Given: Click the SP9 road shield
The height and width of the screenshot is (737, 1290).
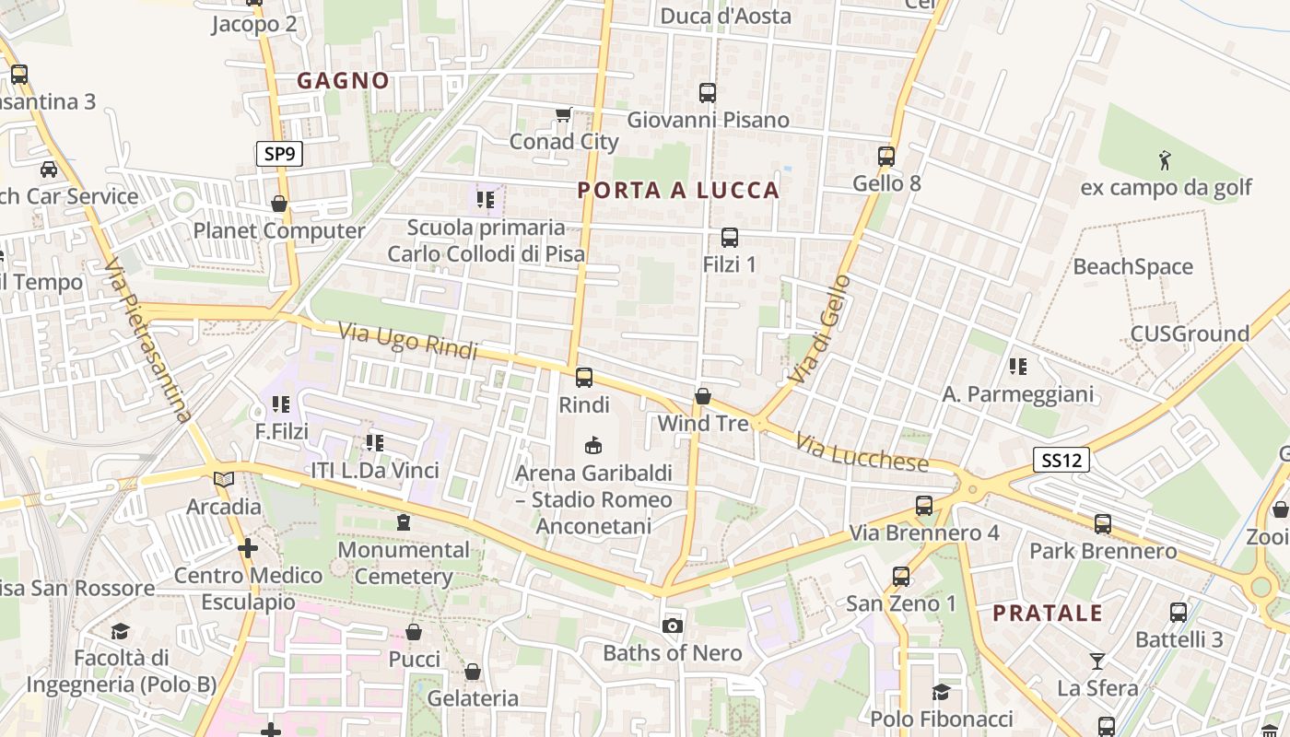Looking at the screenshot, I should click(279, 154).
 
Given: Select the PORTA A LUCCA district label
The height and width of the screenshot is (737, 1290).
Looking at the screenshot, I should click(678, 191).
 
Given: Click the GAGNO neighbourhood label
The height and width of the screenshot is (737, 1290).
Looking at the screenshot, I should click(343, 81).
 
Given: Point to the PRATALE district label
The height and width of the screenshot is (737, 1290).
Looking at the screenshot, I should click(1047, 614).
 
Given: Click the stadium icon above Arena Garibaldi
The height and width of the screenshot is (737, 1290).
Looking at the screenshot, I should click(593, 445).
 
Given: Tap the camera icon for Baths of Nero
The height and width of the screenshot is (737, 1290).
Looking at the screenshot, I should click(673, 626).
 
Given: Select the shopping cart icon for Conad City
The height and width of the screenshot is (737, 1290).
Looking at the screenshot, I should click(563, 115).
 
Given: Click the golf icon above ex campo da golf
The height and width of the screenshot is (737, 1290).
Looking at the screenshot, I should click(1165, 160).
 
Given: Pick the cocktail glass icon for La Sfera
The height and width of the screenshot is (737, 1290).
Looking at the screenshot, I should click(1096, 661).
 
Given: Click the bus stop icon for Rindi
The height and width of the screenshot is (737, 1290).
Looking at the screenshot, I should click(584, 377).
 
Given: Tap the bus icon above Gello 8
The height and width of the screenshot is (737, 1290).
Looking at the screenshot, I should click(886, 156).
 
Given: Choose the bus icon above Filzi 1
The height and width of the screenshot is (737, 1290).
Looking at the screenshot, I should click(730, 237).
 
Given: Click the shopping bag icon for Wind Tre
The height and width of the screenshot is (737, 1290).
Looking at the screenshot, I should click(703, 396).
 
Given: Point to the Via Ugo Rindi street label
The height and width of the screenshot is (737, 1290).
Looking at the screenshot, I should click(407, 341).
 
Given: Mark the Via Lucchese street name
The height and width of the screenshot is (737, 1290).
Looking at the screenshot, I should click(862, 453).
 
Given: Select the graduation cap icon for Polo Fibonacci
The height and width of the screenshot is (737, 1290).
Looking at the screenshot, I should click(941, 692).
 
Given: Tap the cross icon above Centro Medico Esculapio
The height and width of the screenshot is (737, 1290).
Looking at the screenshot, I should click(247, 548).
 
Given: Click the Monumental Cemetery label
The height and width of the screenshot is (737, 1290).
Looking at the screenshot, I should click(404, 563).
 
